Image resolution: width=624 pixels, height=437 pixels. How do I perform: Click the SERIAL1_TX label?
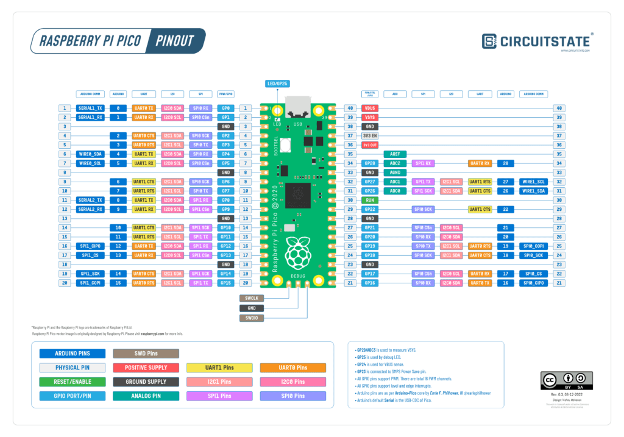(90, 108)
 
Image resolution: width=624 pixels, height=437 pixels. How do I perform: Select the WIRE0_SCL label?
(90, 163)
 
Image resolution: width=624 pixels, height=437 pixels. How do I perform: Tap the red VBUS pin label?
(370, 108)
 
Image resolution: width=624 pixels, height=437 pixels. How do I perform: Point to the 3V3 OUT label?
(370, 145)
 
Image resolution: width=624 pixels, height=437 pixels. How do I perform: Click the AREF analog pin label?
(395, 154)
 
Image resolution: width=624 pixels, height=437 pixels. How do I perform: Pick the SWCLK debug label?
(252, 298)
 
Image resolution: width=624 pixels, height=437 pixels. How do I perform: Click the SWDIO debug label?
(252, 318)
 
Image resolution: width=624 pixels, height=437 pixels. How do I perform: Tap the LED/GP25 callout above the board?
(277, 83)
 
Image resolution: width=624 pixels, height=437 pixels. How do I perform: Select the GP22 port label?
(370, 209)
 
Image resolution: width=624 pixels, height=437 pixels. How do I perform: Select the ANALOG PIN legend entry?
(146, 396)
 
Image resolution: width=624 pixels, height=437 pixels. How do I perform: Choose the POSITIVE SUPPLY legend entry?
(146, 368)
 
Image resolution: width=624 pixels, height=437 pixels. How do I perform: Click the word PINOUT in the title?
(174, 41)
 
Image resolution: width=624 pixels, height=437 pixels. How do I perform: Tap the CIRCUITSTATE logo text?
(544, 41)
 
